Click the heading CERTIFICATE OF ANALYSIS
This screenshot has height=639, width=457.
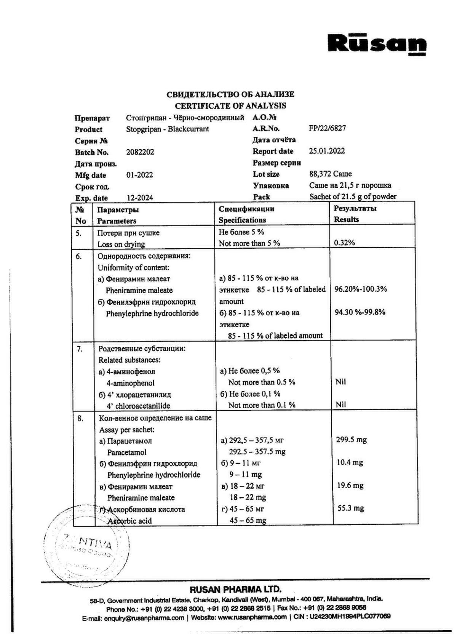(x=230, y=105)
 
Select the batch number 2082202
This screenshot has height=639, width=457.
(x=140, y=152)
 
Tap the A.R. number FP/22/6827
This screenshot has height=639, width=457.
(x=327, y=128)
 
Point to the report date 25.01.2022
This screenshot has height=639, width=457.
(x=327, y=151)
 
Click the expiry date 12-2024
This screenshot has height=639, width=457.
(x=140, y=198)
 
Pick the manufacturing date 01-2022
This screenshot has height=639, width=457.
(x=139, y=175)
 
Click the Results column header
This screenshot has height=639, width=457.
(x=346, y=219)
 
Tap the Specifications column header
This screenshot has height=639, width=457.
(x=242, y=220)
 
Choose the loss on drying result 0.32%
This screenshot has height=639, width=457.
(x=344, y=243)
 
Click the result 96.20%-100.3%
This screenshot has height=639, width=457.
(x=360, y=289)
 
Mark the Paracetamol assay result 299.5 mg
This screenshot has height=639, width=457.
(x=351, y=440)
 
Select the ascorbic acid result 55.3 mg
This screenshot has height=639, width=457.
(x=351, y=508)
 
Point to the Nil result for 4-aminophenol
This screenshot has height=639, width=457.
(x=340, y=382)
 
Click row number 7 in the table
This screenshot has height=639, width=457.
(x=79, y=349)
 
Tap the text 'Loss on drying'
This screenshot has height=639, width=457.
(x=121, y=244)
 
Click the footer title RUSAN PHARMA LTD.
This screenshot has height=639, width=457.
(x=235, y=590)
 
